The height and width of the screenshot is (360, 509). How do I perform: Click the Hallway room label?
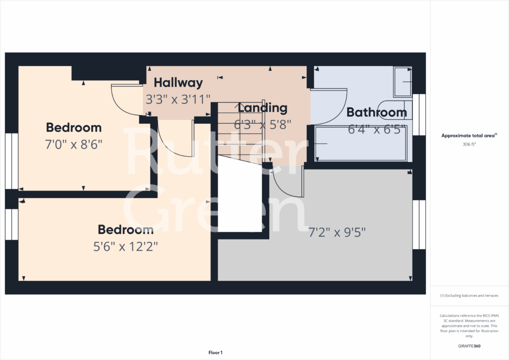178,82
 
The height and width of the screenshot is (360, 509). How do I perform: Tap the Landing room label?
262,107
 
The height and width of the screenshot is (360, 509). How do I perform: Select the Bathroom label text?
376,112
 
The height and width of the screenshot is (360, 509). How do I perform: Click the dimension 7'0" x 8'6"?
73,145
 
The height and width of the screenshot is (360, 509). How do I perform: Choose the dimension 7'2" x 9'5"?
337,232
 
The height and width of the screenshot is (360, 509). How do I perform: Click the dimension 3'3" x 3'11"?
177,99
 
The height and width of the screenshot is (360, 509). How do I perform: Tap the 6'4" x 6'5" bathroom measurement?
376,129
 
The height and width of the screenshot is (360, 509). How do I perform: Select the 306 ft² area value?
469,144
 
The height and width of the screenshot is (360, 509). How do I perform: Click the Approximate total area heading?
469,135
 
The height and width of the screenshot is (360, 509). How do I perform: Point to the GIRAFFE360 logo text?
469,346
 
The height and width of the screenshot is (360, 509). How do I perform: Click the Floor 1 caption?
215,353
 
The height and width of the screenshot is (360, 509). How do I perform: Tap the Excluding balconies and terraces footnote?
469,295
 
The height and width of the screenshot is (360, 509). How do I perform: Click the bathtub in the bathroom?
360,143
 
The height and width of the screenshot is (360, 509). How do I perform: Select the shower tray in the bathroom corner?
402,82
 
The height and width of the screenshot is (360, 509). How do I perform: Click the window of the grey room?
418,224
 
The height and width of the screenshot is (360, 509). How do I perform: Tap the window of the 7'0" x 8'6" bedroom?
11,161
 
